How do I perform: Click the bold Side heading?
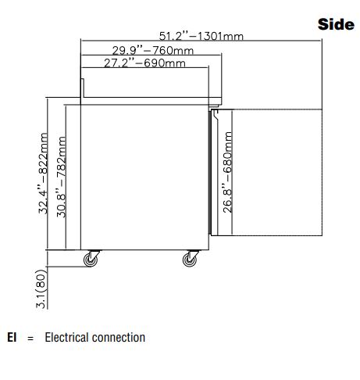pos(336,24)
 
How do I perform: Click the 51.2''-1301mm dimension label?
pos(201,36)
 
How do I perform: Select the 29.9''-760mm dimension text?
pos(153,50)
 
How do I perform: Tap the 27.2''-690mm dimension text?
pos(144,63)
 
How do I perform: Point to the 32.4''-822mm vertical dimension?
pos(43,174)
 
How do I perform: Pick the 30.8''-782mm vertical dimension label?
pos(62,177)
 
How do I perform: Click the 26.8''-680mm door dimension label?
pos(227,172)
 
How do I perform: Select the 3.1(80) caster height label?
pos(41,289)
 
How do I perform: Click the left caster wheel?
pos(91,260)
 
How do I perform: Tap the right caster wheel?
pos(190,260)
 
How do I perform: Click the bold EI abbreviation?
pos(12,337)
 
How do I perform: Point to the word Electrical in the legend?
pos(67,337)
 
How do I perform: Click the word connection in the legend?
pos(119,338)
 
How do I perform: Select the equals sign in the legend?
pos(30,339)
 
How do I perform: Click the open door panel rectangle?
pos(266,172)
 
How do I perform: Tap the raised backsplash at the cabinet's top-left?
pos(82,88)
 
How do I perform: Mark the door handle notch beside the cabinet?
pos(216,115)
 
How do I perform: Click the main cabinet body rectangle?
pos(144,177)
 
